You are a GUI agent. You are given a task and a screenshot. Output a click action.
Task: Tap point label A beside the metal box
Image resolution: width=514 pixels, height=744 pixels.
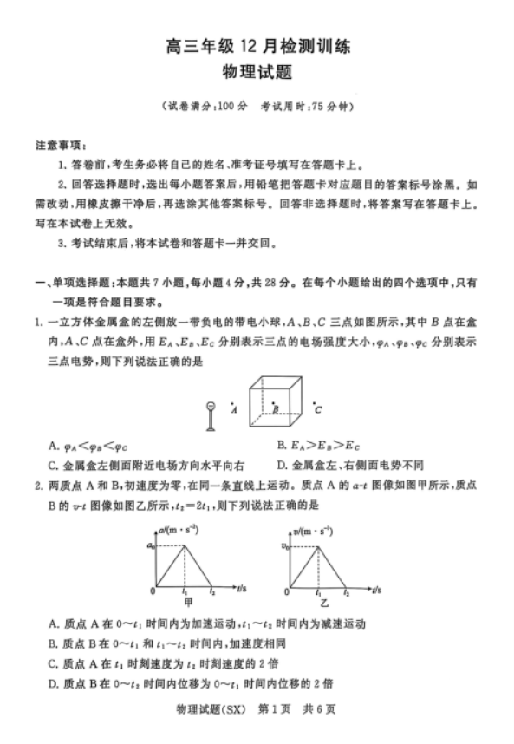[234, 410]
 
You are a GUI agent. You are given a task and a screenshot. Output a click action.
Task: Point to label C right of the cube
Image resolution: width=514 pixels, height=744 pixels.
[318, 409]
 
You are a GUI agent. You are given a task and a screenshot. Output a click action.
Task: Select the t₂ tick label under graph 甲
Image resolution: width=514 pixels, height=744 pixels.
[211, 591]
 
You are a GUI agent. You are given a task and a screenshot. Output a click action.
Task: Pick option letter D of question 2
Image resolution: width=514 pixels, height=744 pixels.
[54, 682]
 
